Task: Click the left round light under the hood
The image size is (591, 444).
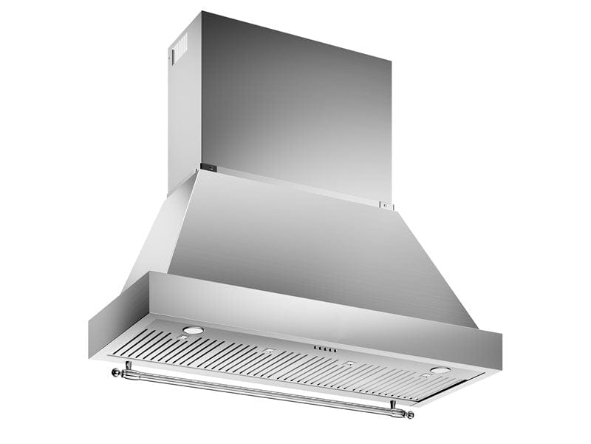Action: [x=193, y=329]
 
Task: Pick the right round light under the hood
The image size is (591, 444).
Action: [x=440, y=370]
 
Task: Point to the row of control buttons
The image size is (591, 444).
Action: [x=325, y=349]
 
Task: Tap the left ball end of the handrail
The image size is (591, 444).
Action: [x=115, y=371]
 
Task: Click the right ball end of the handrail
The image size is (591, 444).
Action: [x=409, y=414]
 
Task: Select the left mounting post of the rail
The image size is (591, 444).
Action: [x=128, y=366]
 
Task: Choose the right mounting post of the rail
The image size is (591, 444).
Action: [x=393, y=406]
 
